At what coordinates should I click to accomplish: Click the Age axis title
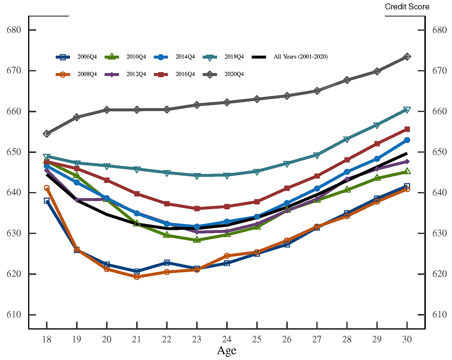pos(226,351)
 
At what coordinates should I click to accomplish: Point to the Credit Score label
pos(407,7)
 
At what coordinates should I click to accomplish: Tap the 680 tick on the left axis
pos(15,30)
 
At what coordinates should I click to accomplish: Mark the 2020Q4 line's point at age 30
pos(407,57)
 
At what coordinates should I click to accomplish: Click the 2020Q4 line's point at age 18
pos(47,134)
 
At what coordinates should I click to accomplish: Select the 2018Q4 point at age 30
pos(407,110)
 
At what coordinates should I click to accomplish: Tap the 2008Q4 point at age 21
pos(137,276)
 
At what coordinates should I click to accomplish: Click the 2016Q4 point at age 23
pos(197,209)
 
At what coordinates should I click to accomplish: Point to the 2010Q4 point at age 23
pos(197,240)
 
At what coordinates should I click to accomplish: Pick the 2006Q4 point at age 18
pos(47,201)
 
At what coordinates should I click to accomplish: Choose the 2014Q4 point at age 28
pos(347,172)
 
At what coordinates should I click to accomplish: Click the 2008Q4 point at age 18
pos(47,188)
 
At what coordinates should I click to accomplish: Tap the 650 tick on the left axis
pos(15,152)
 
